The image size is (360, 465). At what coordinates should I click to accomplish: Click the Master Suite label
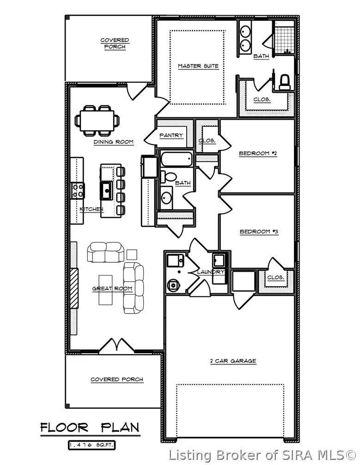point(198,66)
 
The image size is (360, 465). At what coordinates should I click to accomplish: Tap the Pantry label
point(171,135)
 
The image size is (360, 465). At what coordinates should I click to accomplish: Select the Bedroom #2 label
point(257,153)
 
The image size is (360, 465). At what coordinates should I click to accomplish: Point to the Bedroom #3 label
point(258,231)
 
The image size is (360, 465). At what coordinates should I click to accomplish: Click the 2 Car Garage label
point(233,361)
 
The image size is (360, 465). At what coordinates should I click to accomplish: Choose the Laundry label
point(210,272)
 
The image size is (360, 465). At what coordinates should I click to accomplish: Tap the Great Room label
point(112,289)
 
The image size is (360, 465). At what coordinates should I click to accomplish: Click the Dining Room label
point(114,142)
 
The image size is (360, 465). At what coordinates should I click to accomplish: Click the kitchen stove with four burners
point(78,190)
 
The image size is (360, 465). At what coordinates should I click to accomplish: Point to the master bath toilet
point(285,81)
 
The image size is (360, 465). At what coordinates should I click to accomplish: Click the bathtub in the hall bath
point(176,161)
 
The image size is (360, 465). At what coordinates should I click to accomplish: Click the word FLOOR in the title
point(63,428)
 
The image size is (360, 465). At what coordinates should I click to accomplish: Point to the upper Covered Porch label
point(115,43)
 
